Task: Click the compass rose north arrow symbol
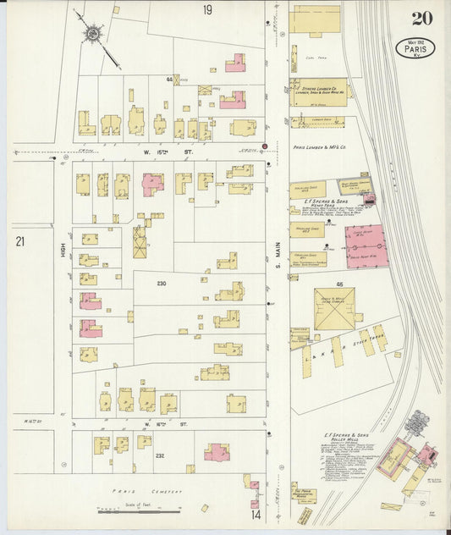coord(91,34)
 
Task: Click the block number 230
coord(161,284)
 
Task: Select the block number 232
coord(158,455)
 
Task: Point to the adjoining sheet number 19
coord(207,10)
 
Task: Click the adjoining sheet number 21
coord(19,242)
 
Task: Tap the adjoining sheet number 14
coord(255,514)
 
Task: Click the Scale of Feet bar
coord(140,510)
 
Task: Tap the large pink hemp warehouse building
coord(366,246)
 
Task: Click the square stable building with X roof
coord(334,308)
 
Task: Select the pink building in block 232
coord(217,452)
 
